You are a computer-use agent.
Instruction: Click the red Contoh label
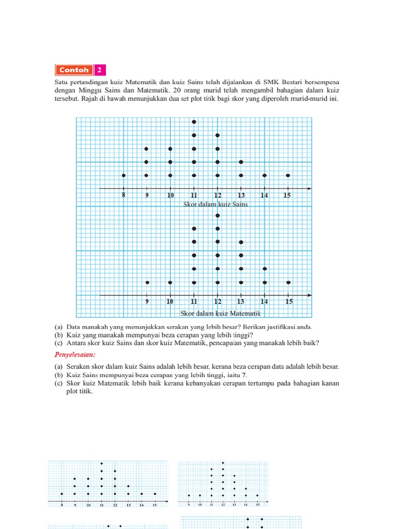[x=74, y=70]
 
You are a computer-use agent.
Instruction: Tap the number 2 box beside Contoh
[x=99, y=70]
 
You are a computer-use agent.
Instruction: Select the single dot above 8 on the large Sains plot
[x=124, y=176]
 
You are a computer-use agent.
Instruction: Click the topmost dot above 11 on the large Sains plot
[x=194, y=122]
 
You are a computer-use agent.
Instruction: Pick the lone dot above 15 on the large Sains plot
[x=288, y=176]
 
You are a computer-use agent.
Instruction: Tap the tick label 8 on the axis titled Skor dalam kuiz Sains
[x=124, y=195]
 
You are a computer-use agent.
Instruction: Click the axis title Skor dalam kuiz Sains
[x=216, y=204]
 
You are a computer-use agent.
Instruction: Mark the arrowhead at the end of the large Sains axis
[x=309, y=189]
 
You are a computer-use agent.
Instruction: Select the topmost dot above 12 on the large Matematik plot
[x=218, y=215]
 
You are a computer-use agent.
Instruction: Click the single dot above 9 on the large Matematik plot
[x=147, y=282]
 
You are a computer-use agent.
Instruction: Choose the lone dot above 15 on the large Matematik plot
[x=288, y=282]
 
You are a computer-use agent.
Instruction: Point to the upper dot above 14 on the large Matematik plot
[x=265, y=269]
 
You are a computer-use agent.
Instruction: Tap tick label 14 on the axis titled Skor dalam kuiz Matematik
[x=264, y=302]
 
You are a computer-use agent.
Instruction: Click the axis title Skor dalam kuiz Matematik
[x=220, y=313]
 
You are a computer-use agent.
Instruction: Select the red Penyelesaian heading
[x=75, y=355]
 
